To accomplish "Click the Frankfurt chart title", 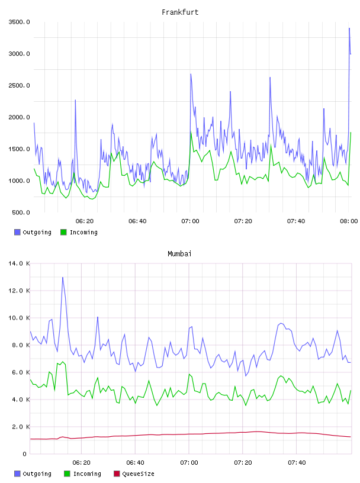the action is coord(180,12).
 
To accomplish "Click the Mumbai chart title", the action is coord(179,253).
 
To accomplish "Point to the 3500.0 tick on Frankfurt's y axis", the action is coord(19,22).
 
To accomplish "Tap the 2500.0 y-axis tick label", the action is coord(19,85).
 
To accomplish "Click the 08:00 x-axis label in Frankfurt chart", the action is coord(349,221).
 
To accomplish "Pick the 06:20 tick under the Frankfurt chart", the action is coord(85,221).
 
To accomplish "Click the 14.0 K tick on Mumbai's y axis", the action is coord(19,263).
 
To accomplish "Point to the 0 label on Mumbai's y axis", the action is coord(24,454).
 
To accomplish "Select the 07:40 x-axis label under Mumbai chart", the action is coord(297,462).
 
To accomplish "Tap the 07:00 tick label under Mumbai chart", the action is coord(189,462).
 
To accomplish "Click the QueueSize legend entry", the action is coord(134,474).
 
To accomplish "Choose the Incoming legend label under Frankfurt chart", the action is coord(83,232).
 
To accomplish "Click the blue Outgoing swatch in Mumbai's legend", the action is coord(17,474).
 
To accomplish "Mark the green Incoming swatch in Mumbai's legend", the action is coord(67,474).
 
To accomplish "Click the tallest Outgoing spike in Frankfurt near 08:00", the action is coord(349,28).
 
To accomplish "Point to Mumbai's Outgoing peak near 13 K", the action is coord(63,277).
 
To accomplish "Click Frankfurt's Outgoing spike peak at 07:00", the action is coord(191,74).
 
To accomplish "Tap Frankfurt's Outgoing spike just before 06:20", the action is coord(75,100).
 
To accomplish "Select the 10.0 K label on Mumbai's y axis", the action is coord(19,318).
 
